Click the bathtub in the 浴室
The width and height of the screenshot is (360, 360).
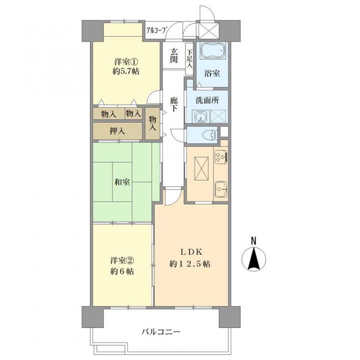point(213,50)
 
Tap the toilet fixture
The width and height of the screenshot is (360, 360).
point(211,135)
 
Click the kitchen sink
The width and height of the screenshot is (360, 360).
point(221,189)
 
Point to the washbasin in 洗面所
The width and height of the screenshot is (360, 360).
point(200,116)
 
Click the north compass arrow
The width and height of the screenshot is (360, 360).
point(254,258)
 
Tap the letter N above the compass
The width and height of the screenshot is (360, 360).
point(253,241)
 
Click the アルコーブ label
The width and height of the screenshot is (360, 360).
point(156,30)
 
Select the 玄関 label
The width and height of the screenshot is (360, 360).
point(174,55)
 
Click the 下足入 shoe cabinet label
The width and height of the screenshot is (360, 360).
point(189,59)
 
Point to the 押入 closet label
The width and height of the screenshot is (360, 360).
point(117,131)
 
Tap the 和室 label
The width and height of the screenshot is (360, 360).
point(122,182)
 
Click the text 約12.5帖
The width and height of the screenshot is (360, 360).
point(190,264)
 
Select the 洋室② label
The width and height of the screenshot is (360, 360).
point(122,260)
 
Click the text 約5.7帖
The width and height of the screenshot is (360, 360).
point(126,71)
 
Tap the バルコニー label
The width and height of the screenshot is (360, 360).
point(161,332)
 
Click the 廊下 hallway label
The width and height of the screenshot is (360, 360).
point(174,104)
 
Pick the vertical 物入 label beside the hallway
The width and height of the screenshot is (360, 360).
point(152,123)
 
